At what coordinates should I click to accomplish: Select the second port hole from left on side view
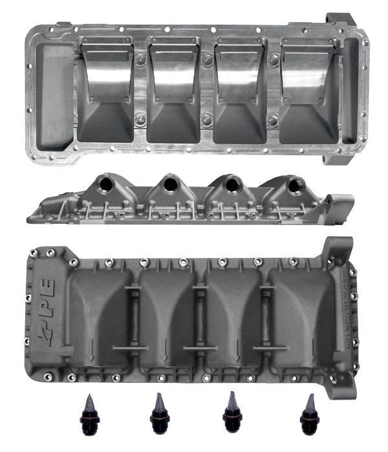tap(169, 186)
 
